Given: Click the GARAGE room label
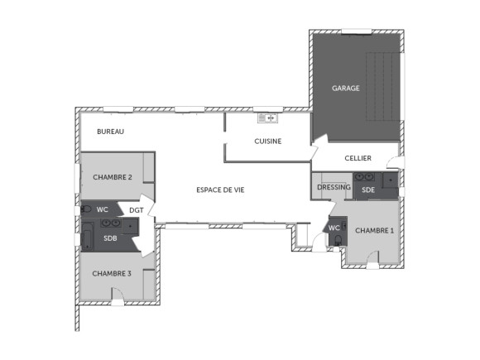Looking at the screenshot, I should click(346, 88).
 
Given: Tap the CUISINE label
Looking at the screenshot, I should click(267, 141).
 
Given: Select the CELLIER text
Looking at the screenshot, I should click(358, 158).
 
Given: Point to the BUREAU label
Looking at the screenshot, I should click(110, 132).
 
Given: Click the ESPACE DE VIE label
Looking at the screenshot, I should click(220, 190).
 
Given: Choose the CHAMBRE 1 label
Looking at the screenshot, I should click(374, 230).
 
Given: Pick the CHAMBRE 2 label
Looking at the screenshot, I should click(113, 177).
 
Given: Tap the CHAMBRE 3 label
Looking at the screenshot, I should click(112, 273).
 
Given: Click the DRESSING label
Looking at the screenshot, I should click(334, 188).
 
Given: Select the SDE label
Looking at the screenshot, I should click(368, 190).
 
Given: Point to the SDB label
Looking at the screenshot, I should click(110, 238).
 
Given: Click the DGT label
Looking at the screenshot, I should click(136, 210).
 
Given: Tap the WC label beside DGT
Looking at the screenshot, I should click(103, 209).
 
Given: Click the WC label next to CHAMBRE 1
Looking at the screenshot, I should click(334, 228).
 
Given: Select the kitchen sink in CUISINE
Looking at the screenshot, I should click(266, 118).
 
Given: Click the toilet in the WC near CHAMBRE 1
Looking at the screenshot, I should click(337, 240).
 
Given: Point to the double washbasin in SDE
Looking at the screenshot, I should click(364, 177).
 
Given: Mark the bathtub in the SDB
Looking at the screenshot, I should click(87, 239).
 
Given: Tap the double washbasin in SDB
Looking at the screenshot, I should click(110, 224).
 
